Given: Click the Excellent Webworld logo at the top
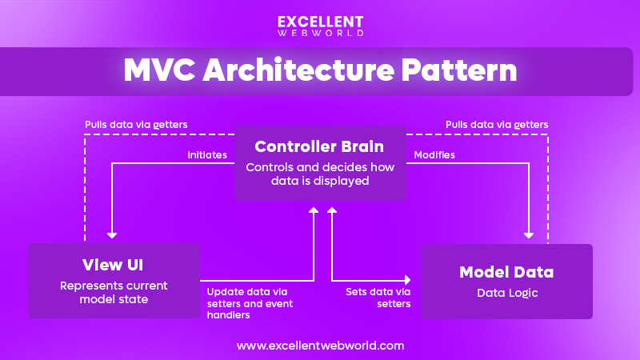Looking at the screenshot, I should click(320, 26).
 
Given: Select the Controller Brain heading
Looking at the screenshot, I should click(319, 147).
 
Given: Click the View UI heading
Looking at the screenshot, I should click(113, 265).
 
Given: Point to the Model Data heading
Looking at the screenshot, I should click(506, 272).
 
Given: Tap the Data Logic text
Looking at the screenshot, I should click(506, 293).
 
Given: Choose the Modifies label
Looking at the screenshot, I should click(434, 155).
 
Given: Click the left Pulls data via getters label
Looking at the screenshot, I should click(137, 125).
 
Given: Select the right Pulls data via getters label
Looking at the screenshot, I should click(498, 125).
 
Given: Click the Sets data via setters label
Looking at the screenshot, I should click(378, 298).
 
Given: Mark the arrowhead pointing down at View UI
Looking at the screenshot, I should click(112, 234).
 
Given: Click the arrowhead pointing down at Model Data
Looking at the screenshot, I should click(529, 234).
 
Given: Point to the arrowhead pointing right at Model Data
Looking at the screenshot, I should click(407, 280).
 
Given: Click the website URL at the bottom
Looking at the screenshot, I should click(320, 346).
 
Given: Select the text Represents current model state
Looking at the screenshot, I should click(113, 291).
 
